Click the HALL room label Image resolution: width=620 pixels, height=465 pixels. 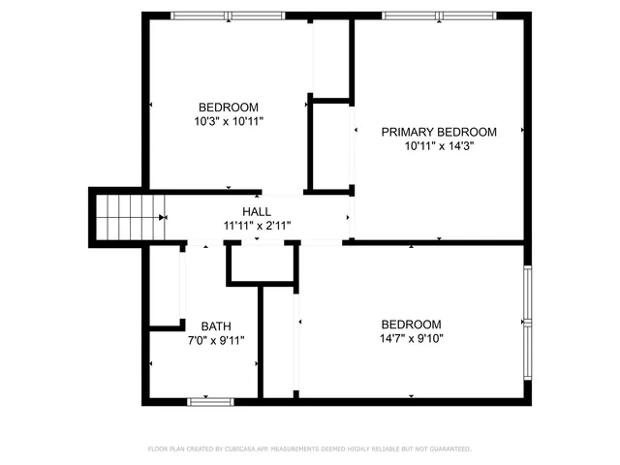coord(257,211)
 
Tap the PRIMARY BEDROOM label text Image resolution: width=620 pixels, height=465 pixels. coord(439,133)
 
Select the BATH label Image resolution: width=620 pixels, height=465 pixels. coord(216,326)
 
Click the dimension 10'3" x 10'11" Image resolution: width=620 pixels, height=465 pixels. coord(229,122)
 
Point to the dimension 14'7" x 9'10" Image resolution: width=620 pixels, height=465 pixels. coord(411,339)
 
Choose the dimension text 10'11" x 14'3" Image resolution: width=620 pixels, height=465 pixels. coord(439,147)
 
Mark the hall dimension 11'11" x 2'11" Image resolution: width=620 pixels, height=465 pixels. coord(257,226)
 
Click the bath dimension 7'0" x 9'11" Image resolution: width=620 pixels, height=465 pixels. coord(216,340)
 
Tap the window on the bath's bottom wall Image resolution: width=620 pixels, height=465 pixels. coord(210,400)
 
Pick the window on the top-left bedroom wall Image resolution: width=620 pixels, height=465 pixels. coord(229,15)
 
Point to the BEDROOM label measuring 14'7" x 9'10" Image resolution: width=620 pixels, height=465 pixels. coord(411,325)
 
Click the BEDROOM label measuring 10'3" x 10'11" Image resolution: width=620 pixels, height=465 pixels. coord(229,108)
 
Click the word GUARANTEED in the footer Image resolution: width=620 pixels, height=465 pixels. coord(449,449)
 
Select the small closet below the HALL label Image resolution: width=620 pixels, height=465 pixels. coord(259,263)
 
